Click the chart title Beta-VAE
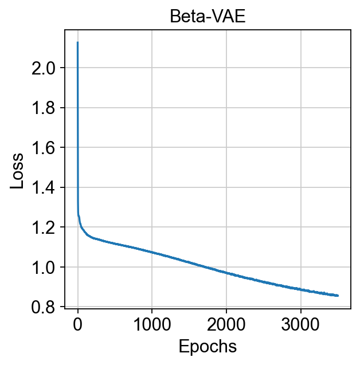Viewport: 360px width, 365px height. (208, 17)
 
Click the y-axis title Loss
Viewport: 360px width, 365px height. (18, 170)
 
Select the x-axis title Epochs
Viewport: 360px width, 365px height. (208, 346)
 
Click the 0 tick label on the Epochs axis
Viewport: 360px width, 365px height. (77, 327)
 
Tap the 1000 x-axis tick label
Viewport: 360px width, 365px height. (152, 327)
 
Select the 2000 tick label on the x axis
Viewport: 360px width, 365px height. (226, 327)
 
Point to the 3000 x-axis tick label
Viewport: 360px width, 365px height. (301, 327)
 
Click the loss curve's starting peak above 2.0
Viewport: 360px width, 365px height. (77, 42)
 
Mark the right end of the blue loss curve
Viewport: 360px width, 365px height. (338, 296)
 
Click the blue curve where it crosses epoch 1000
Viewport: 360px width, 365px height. (152, 252)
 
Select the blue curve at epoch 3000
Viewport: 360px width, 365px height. (301, 288)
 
